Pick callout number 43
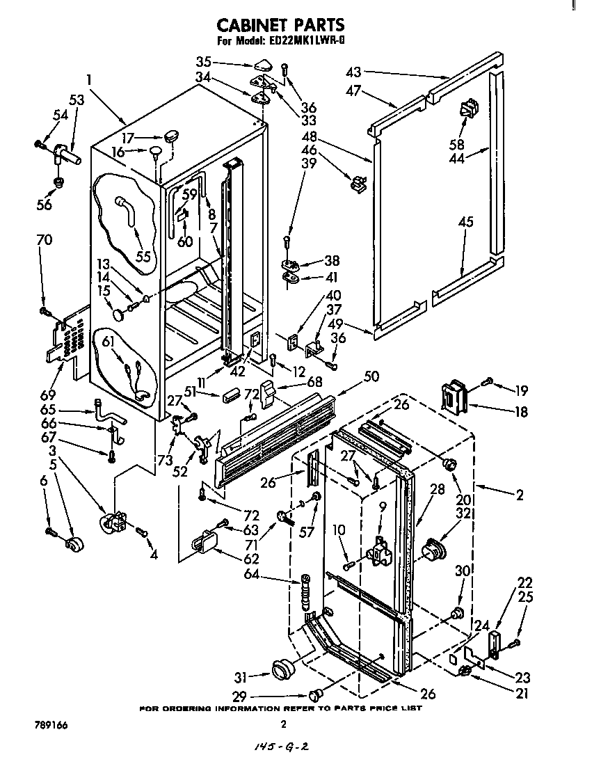(353, 72)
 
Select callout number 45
(465, 222)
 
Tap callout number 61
(108, 340)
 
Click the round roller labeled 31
(282, 669)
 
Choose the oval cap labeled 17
(172, 133)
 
